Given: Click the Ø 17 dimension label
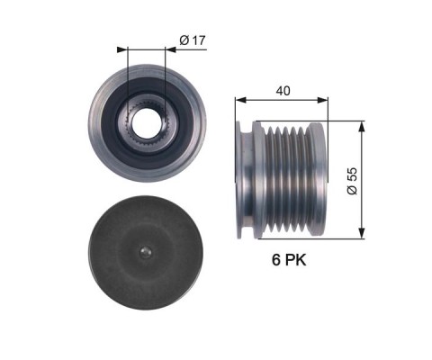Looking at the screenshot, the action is [x=193, y=40].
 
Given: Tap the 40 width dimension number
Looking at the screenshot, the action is [x=283, y=91].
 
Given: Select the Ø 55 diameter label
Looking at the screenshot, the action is [x=352, y=181].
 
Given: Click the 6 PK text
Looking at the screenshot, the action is [x=289, y=260].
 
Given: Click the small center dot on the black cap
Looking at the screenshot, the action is [x=146, y=252].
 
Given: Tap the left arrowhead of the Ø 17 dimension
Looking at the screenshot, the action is [x=122, y=49].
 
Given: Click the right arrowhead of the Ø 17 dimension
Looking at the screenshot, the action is [x=170, y=49].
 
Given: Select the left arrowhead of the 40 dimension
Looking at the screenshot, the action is [x=240, y=100].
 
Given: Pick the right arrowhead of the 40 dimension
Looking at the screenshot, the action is [x=322, y=100].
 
